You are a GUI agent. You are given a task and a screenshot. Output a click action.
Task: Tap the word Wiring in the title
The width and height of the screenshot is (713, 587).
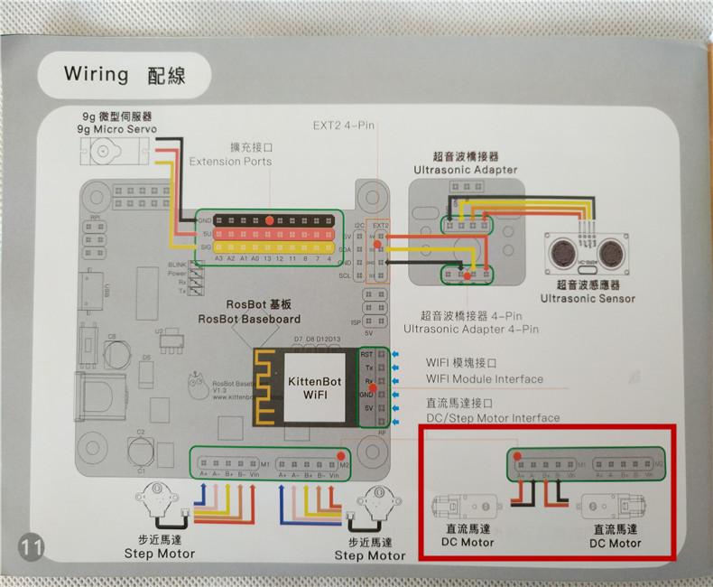(97, 73)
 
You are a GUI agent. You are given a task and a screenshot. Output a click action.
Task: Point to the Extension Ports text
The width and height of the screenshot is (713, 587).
(230, 161)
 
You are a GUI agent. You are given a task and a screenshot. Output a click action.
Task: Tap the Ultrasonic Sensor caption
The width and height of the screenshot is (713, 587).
(588, 298)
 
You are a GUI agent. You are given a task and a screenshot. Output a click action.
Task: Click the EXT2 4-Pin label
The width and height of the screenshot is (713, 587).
(343, 126)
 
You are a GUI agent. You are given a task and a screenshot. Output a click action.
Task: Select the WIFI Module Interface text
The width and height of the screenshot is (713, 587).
(485, 379)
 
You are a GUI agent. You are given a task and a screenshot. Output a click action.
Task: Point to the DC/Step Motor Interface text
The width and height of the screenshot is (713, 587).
(492, 418)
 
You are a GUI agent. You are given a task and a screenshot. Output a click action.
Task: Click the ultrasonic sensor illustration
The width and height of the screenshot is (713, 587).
(587, 253)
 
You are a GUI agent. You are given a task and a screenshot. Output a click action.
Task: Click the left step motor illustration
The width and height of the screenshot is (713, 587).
(157, 502)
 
